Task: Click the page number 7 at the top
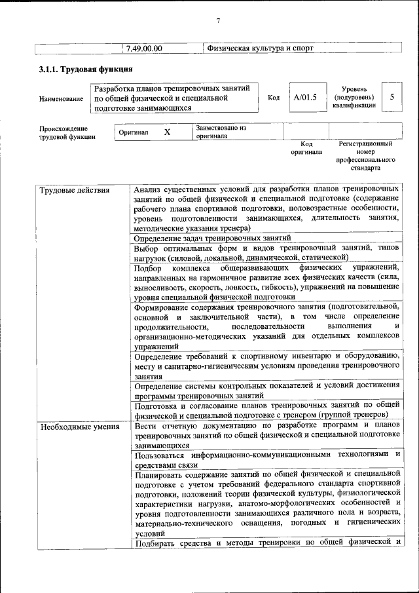click(219, 20)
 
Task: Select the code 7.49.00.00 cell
click(145, 48)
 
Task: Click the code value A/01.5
click(305, 97)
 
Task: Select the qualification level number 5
click(392, 97)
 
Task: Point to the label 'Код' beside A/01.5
click(274, 98)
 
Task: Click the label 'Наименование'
click(61, 99)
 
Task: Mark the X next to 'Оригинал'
click(167, 132)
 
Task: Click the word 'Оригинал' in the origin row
click(134, 133)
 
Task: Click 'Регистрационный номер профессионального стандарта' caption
click(365, 155)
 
